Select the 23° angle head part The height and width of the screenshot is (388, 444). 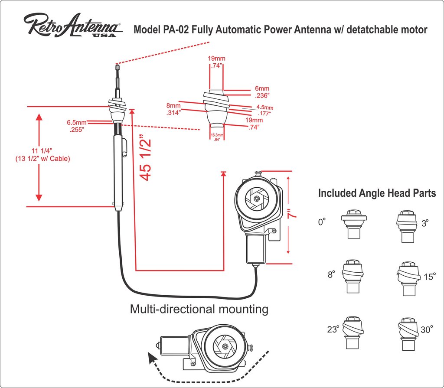[x=353, y=330]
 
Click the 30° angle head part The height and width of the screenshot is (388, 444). [x=407, y=330]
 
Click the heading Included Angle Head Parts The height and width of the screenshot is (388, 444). [x=377, y=193]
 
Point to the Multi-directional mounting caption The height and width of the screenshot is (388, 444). [x=199, y=309]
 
